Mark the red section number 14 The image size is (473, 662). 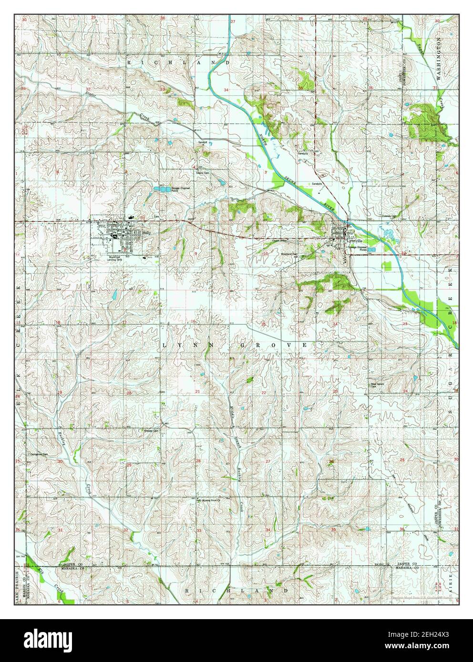pos(335,324)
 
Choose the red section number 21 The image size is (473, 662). pos(197,391)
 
